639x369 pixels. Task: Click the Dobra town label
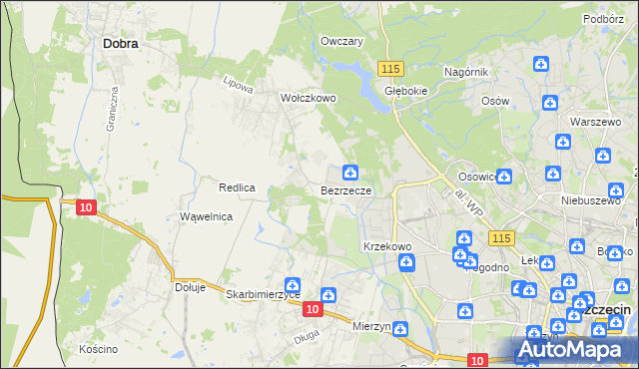pos(120,44)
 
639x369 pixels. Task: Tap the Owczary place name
pos(340,42)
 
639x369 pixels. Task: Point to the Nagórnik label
pos(465,72)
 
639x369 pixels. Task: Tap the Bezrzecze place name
pos(346,190)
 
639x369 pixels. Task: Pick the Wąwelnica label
pos(206,216)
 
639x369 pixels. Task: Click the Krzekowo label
pos(387,246)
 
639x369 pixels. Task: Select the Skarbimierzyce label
pos(264,295)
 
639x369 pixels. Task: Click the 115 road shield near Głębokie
pos(390,67)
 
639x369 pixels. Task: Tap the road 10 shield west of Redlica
pos(86,206)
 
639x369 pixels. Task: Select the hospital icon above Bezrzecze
pos(349,173)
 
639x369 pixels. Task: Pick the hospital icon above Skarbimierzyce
pos(293,283)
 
